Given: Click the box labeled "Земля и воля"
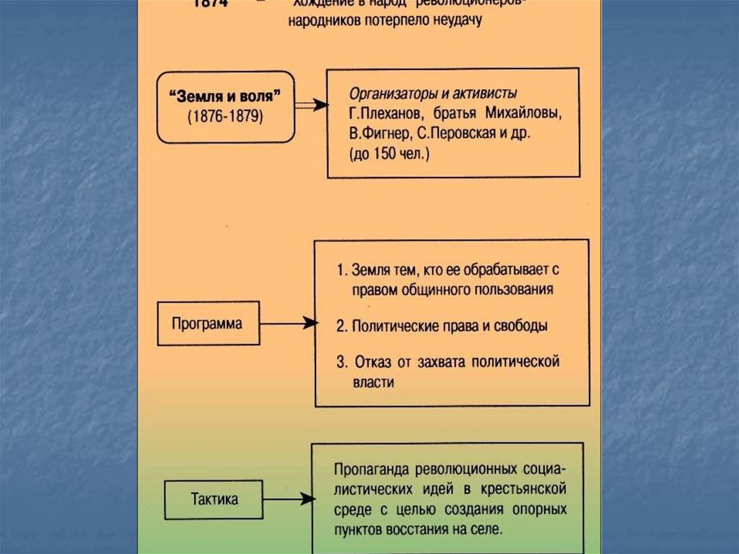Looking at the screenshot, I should (224, 106).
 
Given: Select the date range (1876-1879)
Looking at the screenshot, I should (224, 116).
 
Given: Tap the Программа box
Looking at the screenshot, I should (207, 324).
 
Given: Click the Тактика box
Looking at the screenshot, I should (214, 498).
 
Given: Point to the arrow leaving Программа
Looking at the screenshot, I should (287, 324).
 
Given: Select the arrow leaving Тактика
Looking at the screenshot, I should (288, 498).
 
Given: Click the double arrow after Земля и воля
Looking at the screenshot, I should (311, 105).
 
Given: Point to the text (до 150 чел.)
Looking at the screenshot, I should (389, 154).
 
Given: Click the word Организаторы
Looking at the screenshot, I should (388, 95).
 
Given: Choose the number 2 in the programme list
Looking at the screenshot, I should (341, 326).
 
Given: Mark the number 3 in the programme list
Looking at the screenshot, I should (341, 360).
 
